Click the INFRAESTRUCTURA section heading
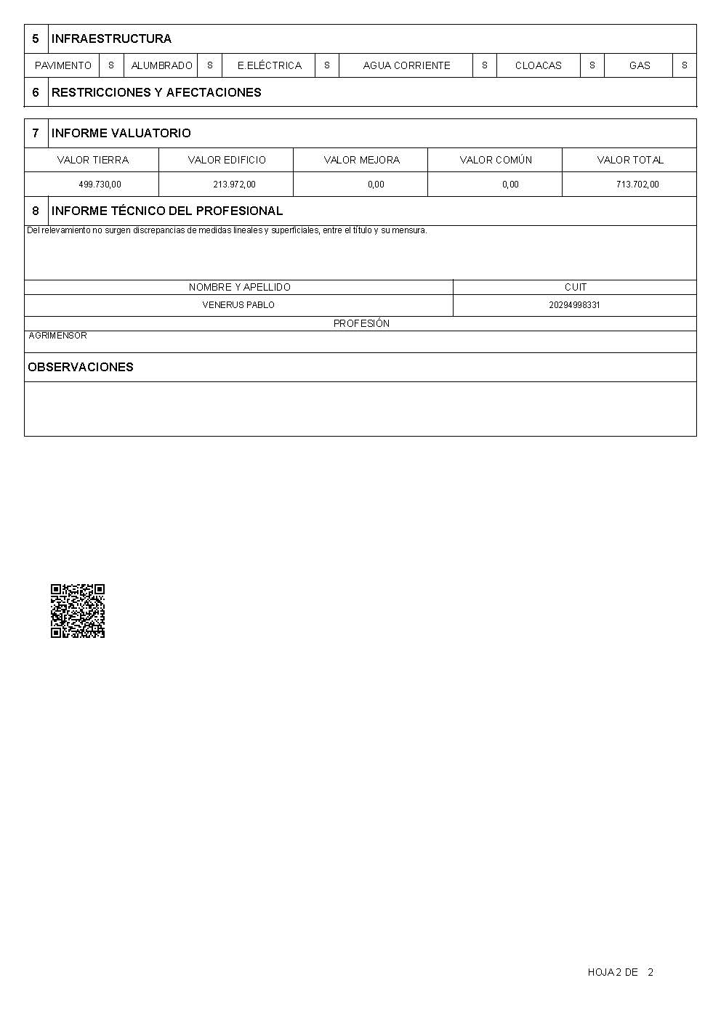click(x=111, y=39)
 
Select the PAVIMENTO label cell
click(x=63, y=65)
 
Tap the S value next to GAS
click(x=684, y=65)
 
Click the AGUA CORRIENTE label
click(x=406, y=65)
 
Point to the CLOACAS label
click(x=538, y=65)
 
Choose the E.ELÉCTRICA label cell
click(x=269, y=65)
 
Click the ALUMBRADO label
click(x=161, y=65)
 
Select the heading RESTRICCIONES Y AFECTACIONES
click(x=156, y=92)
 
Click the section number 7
click(x=36, y=133)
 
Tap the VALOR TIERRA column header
click(x=92, y=160)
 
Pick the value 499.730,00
click(x=100, y=185)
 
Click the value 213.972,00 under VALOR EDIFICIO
click(x=234, y=185)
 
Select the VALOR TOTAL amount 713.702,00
click(x=637, y=185)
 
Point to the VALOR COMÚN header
click(x=496, y=160)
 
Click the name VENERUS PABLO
click(x=238, y=305)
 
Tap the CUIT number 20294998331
click(x=574, y=305)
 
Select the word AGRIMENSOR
click(x=57, y=336)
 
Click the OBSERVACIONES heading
click(x=80, y=367)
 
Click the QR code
click(x=78, y=611)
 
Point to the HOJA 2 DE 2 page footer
click(x=620, y=972)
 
